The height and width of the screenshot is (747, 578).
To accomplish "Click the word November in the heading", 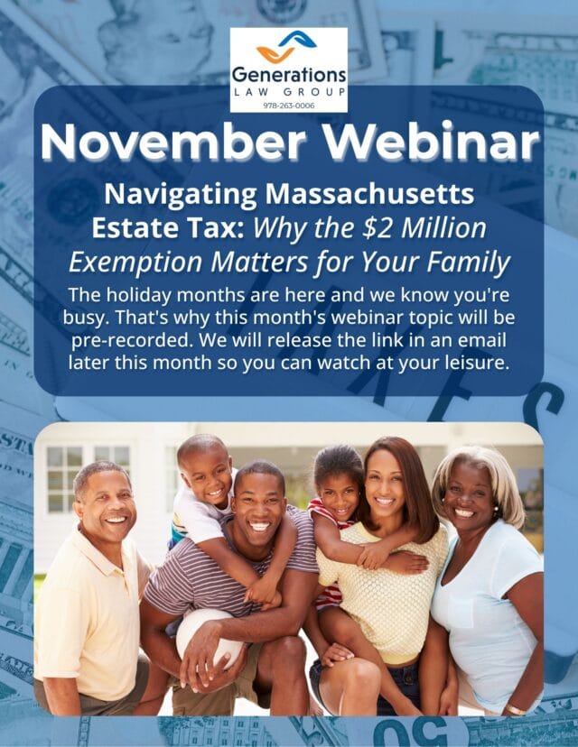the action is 173,142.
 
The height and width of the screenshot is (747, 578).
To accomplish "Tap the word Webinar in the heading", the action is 438,142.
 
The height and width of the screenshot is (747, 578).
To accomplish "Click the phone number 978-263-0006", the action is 289,106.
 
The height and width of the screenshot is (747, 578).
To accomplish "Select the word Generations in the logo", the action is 289,75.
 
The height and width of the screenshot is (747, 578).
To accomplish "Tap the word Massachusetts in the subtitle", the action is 370,194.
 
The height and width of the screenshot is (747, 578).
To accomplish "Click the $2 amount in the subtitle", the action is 378,227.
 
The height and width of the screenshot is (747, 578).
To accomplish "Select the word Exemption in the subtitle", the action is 135,263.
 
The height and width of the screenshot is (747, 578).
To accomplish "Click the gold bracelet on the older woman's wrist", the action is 516,710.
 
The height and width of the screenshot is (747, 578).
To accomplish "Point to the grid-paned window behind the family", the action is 65,479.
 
